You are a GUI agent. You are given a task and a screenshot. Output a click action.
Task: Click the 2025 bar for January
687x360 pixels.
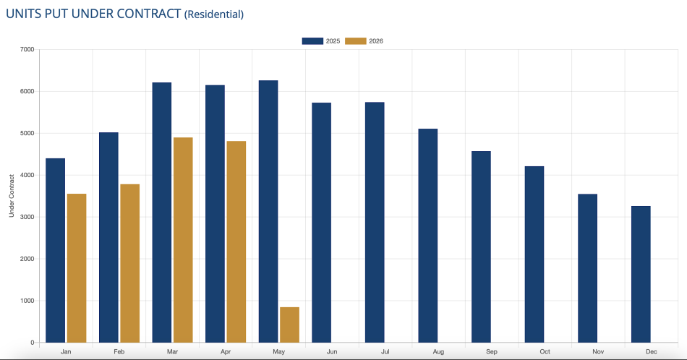[55, 251]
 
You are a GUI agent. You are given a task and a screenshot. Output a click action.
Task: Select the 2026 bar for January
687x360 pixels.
[77, 268]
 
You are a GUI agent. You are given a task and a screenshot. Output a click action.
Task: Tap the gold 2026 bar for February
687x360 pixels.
[129, 263]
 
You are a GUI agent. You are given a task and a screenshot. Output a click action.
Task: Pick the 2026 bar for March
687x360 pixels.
[183, 240]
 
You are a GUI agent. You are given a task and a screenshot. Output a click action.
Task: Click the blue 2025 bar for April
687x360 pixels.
[215, 214]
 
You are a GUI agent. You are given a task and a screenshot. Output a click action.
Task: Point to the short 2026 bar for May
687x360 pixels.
[289, 325]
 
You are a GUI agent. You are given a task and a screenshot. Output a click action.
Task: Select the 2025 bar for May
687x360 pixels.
[268, 212]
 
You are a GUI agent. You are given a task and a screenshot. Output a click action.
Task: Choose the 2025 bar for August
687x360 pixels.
[428, 236]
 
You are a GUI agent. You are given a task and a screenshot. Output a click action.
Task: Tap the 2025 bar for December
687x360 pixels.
[641, 274]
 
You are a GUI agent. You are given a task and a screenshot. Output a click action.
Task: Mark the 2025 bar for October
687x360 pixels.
[534, 254]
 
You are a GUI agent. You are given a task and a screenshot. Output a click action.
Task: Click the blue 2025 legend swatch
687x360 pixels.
[312, 41]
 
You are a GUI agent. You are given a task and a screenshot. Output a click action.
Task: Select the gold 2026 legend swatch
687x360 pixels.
[355, 41]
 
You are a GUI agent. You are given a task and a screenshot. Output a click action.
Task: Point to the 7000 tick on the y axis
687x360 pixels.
[27, 49]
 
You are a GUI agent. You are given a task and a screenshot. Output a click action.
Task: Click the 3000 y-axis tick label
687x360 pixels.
[27, 217]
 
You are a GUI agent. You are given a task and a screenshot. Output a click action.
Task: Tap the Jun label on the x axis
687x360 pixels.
[332, 351]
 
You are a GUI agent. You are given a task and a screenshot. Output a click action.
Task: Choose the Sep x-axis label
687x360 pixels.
[492, 351]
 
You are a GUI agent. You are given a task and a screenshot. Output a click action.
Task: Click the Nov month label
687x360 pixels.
[598, 351]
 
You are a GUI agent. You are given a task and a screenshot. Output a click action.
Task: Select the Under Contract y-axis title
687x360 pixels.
[12, 196]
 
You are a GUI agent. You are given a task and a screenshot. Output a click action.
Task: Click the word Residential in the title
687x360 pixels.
[214, 14]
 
